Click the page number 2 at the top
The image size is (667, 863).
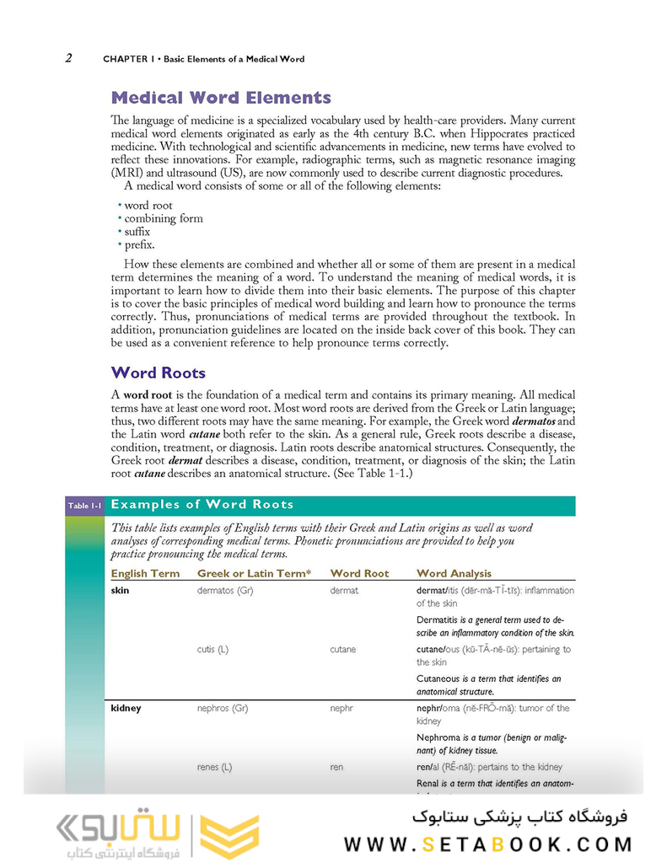coord(68,58)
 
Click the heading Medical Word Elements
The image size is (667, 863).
coord(221,98)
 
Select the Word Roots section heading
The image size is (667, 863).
coord(158,373)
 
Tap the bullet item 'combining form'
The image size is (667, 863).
coord(164,218)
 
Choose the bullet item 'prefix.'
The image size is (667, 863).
coord(139,245)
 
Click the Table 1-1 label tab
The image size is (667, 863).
coord(84,506)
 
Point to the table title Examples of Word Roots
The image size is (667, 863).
coord(202,505)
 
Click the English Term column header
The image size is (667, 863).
coord(145,573)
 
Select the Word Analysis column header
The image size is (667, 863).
coord(454,573)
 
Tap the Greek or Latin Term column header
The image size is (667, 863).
coord(254,573)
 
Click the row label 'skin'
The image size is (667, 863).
coord(121,591)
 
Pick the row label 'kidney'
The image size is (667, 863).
coord(126,709)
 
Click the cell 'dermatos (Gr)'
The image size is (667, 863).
coord(225,591)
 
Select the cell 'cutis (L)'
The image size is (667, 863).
coord(215,650)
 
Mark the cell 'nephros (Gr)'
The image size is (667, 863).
coord(223,709)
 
